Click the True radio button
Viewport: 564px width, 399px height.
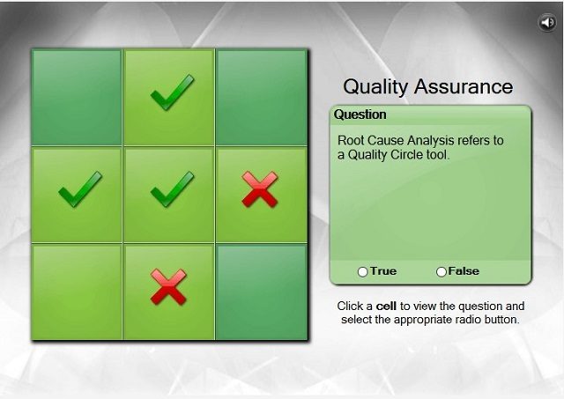coord(362,272)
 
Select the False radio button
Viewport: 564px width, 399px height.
coord(442,272)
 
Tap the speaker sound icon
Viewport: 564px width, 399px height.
coord(547,23)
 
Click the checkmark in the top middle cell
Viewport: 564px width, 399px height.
coord(173,92)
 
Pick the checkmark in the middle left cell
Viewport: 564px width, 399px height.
coord(80,189)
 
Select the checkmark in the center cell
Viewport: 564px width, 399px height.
coord(173,189)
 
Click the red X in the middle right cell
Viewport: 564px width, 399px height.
coord(260,189)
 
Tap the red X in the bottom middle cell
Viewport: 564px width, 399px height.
coord(168,287)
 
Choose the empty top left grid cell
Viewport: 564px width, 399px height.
coord(77,98)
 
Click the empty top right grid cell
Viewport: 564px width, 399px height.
coord(262,98)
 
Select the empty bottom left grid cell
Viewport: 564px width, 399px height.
coord(77,292)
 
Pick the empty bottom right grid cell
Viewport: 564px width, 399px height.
coord(262,292)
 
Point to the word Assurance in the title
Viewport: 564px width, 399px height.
coord(464,86)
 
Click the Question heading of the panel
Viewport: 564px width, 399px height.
coord(360,115)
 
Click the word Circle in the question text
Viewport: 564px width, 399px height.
coord(406,155)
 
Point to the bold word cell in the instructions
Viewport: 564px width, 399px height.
coord(386,307)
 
